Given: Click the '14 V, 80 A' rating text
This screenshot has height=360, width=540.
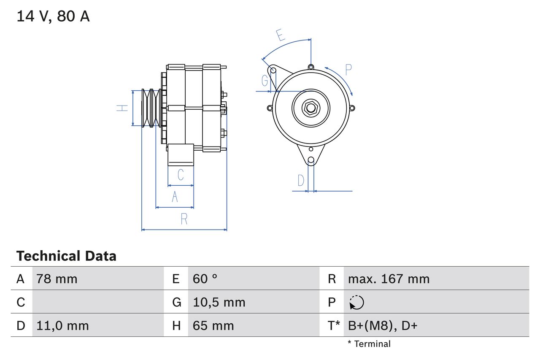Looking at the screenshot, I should tap(53, 16).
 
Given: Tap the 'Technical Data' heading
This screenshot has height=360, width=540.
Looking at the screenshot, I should tap(66, 256).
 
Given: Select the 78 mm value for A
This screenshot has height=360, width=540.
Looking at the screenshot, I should tap(57, 279).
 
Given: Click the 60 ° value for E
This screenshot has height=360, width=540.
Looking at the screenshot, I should tap(205, 279).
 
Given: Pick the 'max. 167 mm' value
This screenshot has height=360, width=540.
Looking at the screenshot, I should tap(389, 279).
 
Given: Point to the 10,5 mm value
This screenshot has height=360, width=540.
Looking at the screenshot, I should tap(219, 302).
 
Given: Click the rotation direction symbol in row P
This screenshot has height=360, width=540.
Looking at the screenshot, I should tap(356, 303).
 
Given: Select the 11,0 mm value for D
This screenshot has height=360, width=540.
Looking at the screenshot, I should tap(62, 326).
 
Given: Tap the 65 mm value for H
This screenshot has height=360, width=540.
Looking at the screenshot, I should tap(213, 326).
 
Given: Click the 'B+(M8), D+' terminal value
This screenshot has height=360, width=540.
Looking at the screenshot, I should tap(383, 326).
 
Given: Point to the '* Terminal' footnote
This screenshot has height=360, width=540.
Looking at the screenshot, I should tap(369, 344).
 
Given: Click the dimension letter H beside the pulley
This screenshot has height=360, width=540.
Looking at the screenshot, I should tap(122, 108).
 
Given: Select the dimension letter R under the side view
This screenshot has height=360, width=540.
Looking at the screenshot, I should tap(184, 219).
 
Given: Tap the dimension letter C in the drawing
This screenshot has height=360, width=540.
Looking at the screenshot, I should tap(181, 174).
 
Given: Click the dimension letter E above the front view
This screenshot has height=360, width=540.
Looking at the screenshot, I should tap(281, 35).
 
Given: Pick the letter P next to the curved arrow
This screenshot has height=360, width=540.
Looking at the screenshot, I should tap(348, 69).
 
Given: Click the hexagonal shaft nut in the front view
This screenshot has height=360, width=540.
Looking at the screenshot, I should tap(311, 108).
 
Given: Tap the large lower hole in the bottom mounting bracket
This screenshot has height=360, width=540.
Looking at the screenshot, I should tap(311, 160).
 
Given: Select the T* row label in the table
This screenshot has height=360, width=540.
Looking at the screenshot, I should tap(334, 326).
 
